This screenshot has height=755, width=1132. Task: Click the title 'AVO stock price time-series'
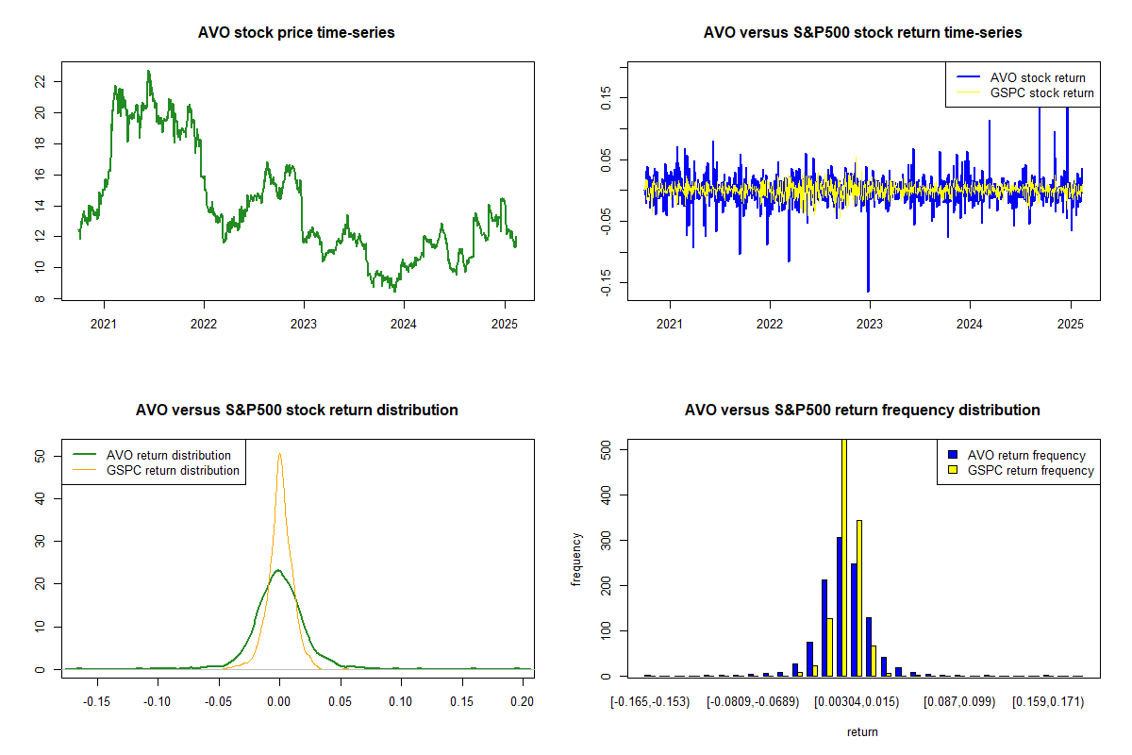coord(296,32)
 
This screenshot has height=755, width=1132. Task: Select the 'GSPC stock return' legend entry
coord(1041,92)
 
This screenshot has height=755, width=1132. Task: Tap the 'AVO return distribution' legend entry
coord(169,455)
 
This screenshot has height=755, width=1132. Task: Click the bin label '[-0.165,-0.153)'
coord(650,701)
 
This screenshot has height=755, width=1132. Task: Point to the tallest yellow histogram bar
coord(844,557)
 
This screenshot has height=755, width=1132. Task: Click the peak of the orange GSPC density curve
coord(279,454)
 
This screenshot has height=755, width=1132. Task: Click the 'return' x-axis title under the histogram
coord(862,731)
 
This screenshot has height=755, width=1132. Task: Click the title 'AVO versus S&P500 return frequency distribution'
coord(862,410)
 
